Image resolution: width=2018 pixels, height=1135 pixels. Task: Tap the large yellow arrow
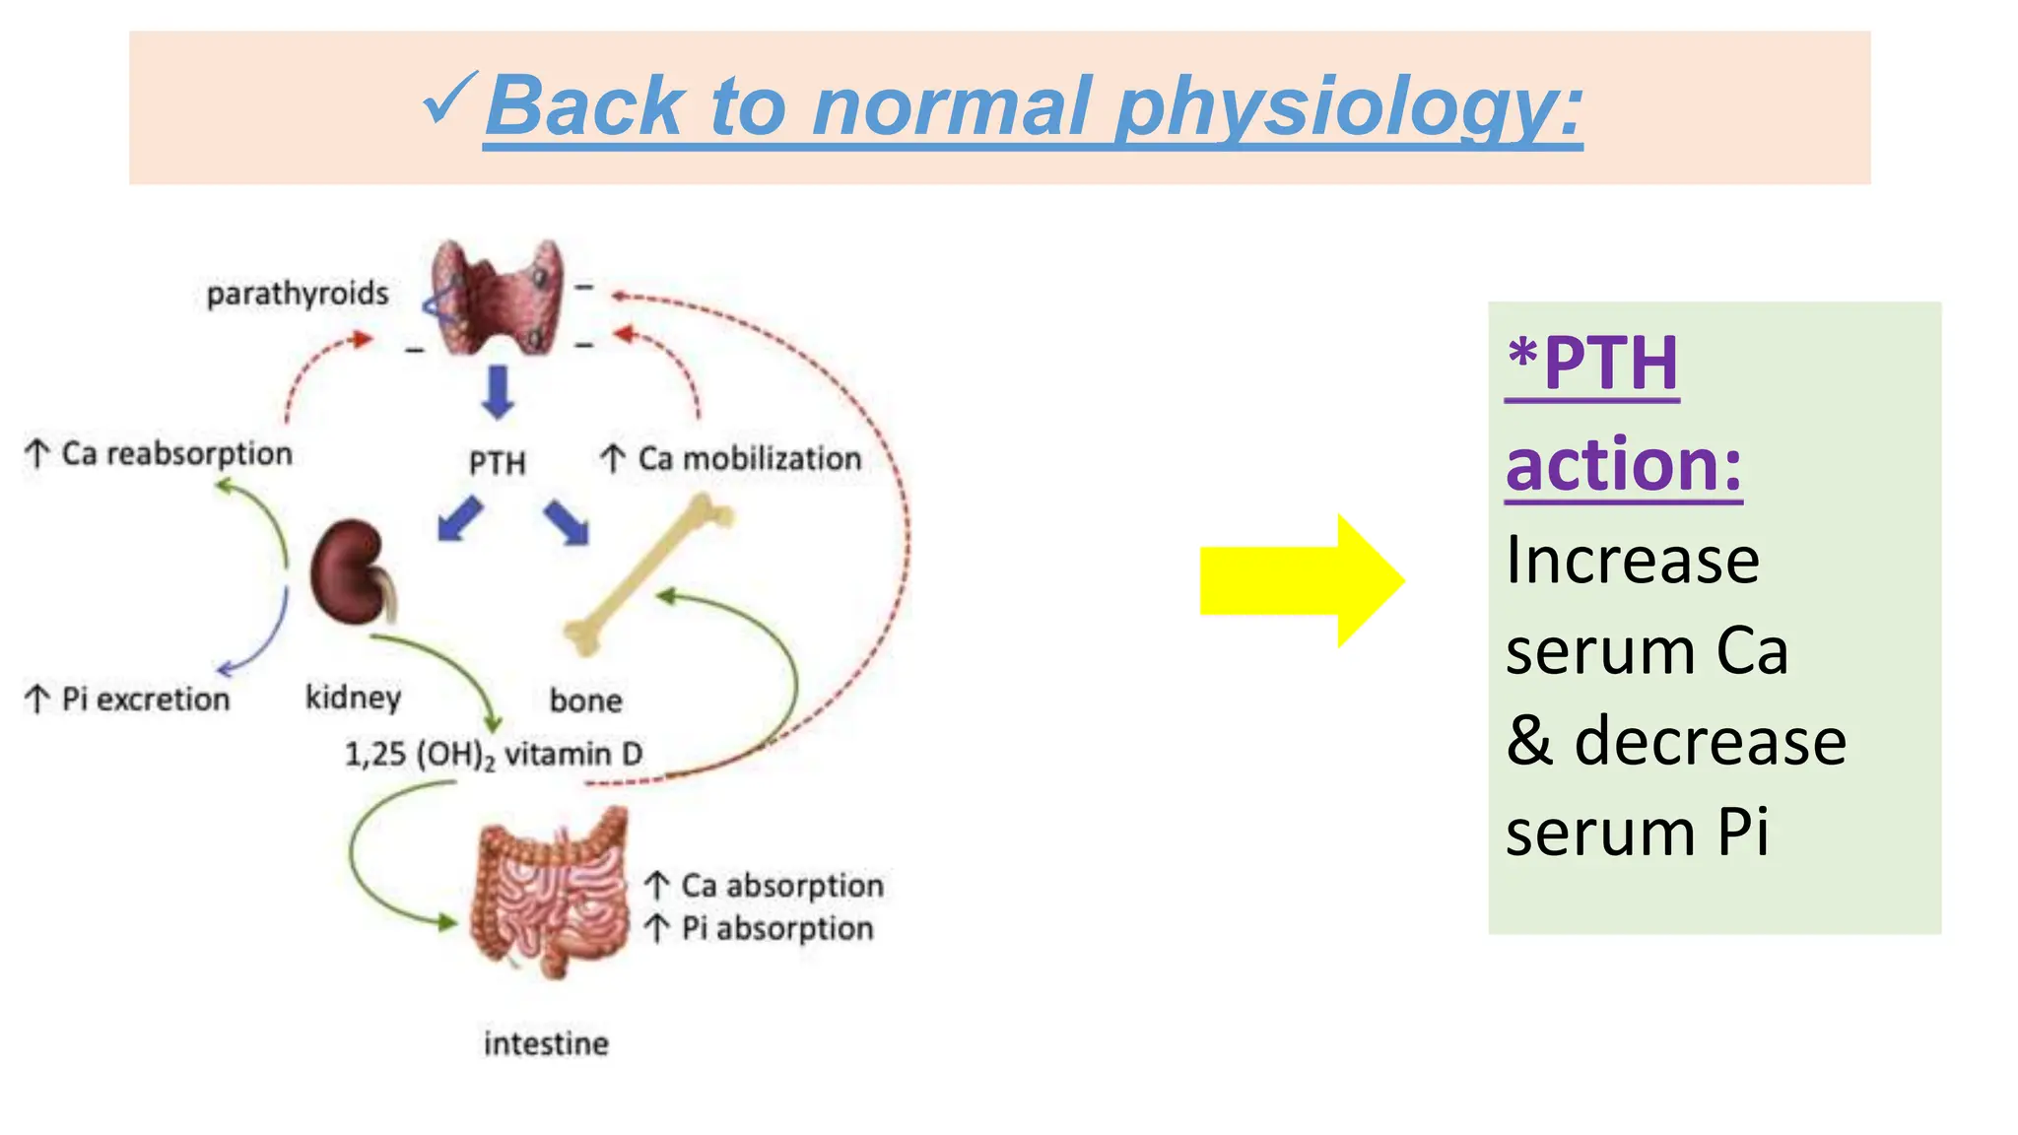(x=1301, y=580)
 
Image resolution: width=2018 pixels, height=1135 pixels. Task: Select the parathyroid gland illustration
(x=498, y=296)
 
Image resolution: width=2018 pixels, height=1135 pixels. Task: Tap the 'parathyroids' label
(x=297, y=294)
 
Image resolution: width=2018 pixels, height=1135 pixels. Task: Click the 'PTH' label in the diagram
(x=497, y=462)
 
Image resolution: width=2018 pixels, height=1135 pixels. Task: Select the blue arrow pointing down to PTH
(x=498, y=391)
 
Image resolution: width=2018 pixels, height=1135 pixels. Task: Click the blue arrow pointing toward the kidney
(x=459, y=519)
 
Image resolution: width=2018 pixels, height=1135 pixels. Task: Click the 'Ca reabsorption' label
(x=175, y=453)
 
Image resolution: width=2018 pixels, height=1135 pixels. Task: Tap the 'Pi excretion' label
(x=144, y=699)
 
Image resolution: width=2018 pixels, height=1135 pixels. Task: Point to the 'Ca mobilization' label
(x=749, y=458)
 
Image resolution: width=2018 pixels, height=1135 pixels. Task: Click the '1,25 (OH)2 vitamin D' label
(x=493, y=755)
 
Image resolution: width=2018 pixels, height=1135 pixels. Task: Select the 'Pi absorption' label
(x=776, y=928)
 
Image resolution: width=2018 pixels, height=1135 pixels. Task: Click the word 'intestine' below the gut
(x=546, y=1043)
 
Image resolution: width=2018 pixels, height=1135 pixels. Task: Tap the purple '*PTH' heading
(x=1591, y=364)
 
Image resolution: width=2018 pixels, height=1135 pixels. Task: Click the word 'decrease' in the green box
(x=1710, y=742)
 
